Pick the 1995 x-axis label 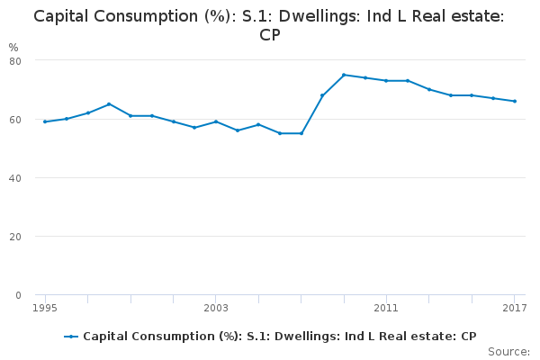pos(45,309)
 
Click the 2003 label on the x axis pos(216,309)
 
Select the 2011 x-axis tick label pos(386,309)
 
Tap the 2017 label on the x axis pos(514,309)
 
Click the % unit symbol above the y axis pos(13,47)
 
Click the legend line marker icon pos(72,337)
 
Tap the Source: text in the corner pos(508,351)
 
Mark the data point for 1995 pos(45,121)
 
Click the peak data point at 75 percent pos(344,75)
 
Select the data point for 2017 pos(514,101)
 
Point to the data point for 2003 pos(216,121)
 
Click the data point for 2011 pos(386,80)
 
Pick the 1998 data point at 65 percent pos(109,103)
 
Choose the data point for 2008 pos(322,95)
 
